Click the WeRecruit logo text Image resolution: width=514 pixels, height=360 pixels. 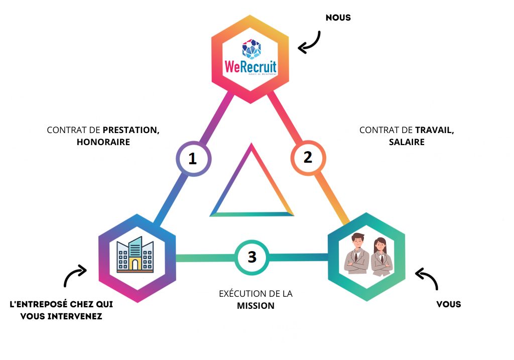coord(250,66)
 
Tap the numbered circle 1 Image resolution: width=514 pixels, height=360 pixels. coord(193,159)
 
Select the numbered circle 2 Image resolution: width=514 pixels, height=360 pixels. coord(308,158)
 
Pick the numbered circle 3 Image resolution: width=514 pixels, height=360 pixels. coord(252,257)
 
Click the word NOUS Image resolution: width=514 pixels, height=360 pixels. coord(338,18)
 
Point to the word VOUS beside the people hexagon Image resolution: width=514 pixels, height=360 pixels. coord(448,304)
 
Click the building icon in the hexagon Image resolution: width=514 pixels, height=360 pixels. coord(135,255)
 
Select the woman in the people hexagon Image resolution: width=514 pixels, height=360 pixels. coord(381,257)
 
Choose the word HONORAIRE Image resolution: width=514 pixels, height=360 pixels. coord(103,142)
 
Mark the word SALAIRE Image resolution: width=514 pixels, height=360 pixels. coord(407,142)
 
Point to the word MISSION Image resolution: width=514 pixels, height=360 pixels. coord(255,305)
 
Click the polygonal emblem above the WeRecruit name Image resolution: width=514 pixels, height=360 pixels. coord(251,49)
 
